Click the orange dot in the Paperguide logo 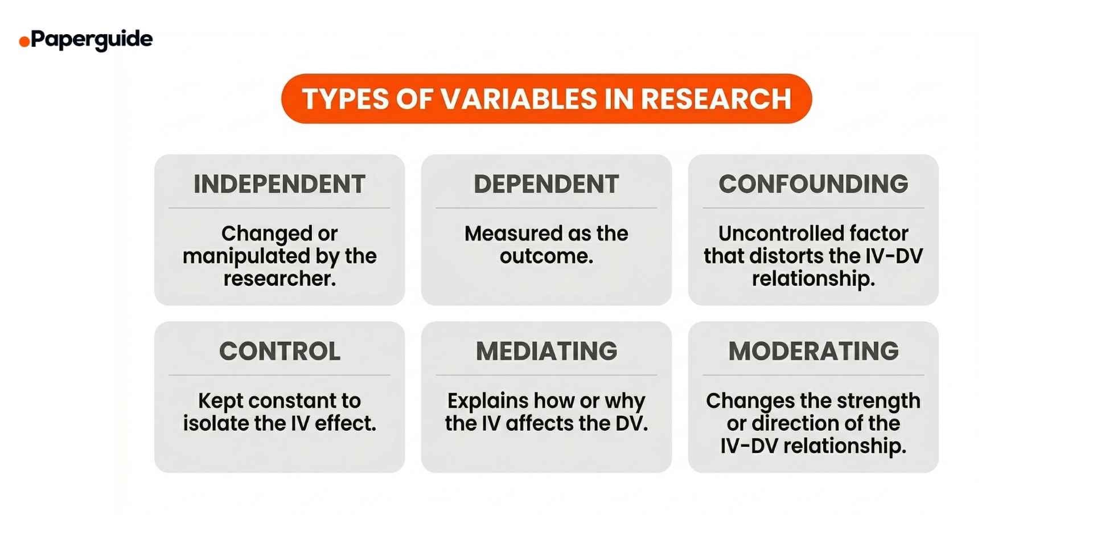[24, 42]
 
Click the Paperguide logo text [92, 39]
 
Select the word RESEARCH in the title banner [716, 99]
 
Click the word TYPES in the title [345, 99]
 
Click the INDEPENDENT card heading [280, 184]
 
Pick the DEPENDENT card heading [546, 184]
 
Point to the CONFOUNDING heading [813, 184]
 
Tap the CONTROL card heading [280, 351]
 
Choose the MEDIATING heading [546, 351]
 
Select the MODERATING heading [813, 351]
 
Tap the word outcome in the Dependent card [545, 256]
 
